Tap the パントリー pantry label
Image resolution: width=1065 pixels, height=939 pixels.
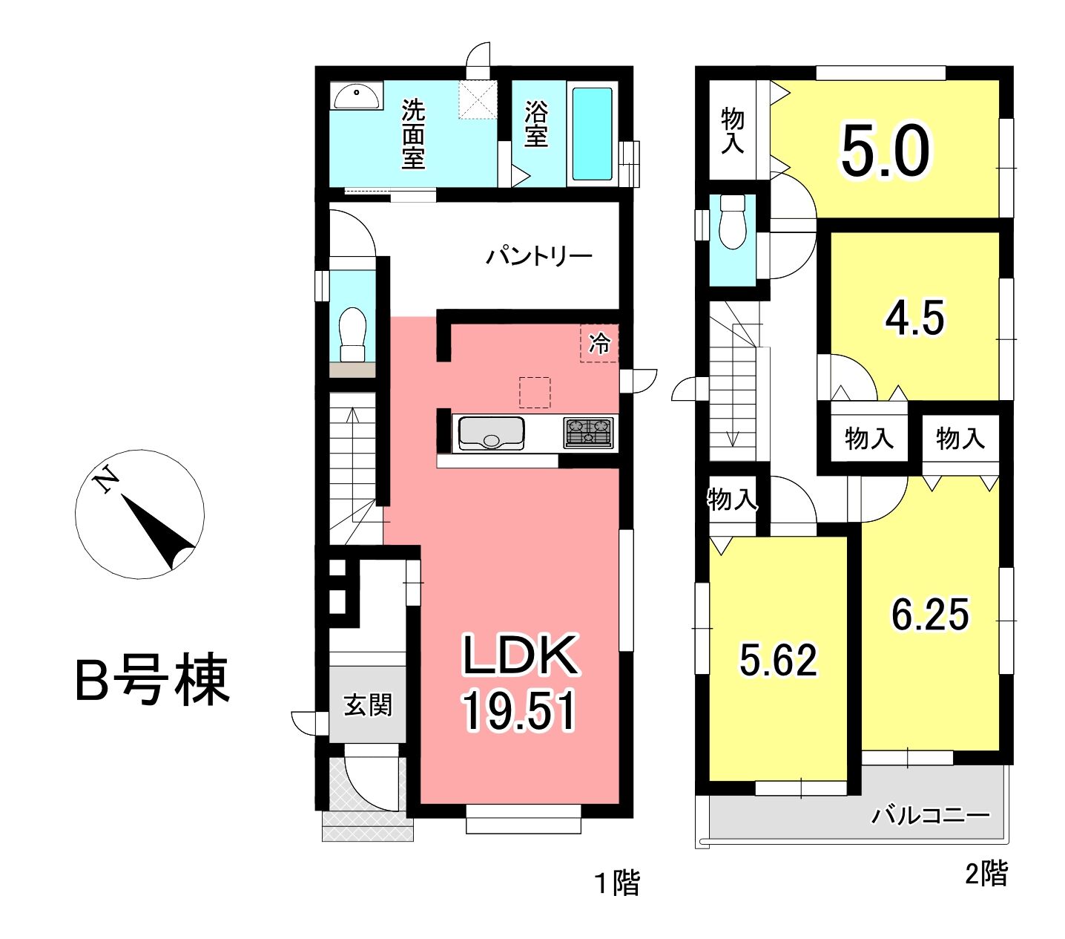pyautogui.click(x=539, y=257)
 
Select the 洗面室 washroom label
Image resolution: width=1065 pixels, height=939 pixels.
pyautogui.click(x=413, y=134)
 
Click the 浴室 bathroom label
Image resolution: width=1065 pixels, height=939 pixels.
pyautogui.click(x=536, y=124)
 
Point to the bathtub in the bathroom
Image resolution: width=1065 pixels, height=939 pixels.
pyautogui.click(x=592, y=134)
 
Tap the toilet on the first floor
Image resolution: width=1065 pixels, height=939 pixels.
pyautogui.click(x=353, y=335)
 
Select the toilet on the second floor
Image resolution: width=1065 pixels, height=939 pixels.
pyautogui.click(x=732, y=222)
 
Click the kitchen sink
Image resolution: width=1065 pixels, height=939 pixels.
pyautogui.click(x=492, y=433)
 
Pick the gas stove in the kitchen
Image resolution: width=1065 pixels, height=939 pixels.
pyautogui.click(x=588, y=433)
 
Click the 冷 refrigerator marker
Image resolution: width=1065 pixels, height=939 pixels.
pyautogui.click(x=599, y=344)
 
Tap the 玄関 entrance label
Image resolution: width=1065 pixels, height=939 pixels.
pyautogui.click(x=367, y=705)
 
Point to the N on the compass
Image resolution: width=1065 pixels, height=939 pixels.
pyautogui.click(x=105, y=480)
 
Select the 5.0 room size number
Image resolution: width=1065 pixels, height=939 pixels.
pyautogui.click(x=886, y=151)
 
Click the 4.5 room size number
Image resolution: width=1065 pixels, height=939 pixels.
pyautogui.click(x=914, y=318)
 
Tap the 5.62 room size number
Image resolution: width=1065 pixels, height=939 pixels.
pyautogui.click(x=779, y=660)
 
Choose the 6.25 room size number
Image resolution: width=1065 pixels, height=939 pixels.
pyautogui.click(x=930, y=615)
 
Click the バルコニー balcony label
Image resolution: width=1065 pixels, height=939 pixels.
pyautogui.click(x=931, y=815)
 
